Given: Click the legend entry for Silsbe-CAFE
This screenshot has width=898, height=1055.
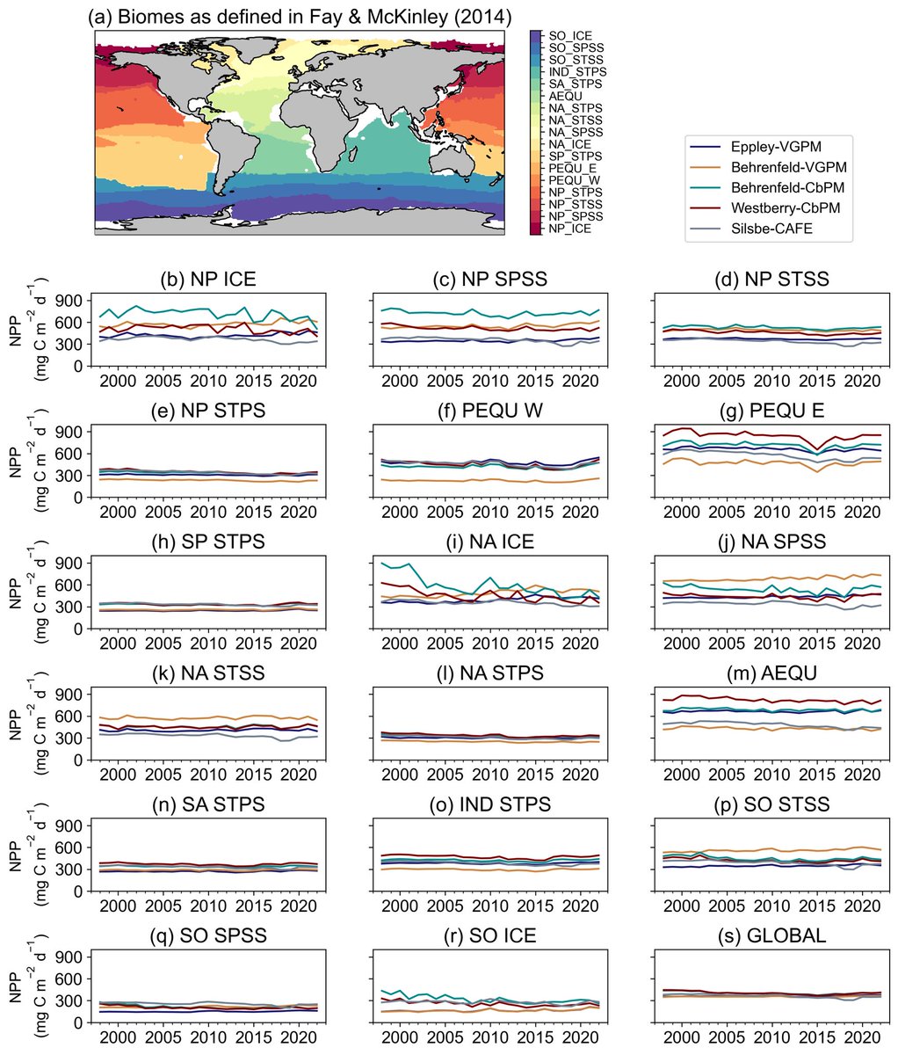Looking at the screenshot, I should point(778,231).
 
